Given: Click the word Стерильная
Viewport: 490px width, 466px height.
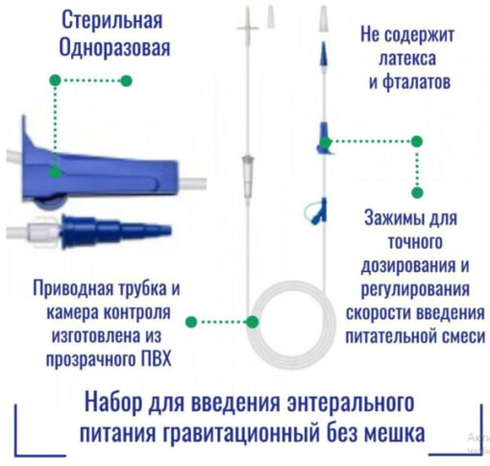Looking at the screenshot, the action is (111, 21).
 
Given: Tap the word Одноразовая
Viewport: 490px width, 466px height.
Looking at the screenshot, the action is (114, 48).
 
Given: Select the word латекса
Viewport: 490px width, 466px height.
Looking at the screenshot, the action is (407, 59).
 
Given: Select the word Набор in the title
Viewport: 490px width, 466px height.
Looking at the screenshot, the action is (113, 403).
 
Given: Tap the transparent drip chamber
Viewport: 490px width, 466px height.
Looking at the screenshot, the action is (248, 178).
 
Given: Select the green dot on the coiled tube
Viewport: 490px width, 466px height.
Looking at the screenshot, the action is (253, 322).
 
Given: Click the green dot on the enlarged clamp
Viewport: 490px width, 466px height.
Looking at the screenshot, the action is (55, 173).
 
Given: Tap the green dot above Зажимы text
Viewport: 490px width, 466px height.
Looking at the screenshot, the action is (417, 193).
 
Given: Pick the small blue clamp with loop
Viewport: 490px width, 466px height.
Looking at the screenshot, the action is (317, 211).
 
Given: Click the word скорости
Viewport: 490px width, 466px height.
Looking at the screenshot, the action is (376, 312).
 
